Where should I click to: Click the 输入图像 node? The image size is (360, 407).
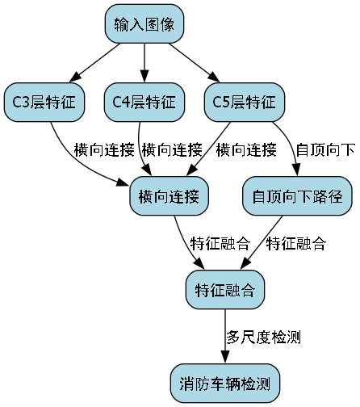point(144,24)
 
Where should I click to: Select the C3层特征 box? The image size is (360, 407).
point(44,102)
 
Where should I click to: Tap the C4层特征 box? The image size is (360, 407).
point(144,102)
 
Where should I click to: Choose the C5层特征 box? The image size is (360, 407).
point(245,102)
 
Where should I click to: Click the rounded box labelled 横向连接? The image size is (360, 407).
point(170,196)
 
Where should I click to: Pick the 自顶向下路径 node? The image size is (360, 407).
point(297,196)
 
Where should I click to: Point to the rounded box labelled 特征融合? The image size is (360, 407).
point(225,288)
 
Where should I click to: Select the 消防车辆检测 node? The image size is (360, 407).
point(225,382)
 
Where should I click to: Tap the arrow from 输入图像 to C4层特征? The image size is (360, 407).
point(144,63)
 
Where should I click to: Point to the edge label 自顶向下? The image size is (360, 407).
point(326,149)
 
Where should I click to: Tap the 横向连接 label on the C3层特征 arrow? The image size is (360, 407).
point(103,149)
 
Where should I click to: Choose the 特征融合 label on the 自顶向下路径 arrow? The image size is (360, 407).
point(295,242)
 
